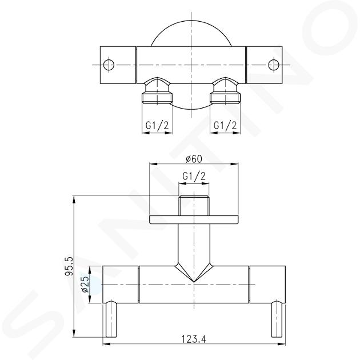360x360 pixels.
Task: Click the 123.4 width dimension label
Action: click(x=194, y=339)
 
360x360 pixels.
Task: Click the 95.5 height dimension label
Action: click(x=69, y=266)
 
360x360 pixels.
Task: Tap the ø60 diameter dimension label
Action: click(x=194, y=159)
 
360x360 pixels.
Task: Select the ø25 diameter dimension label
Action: click(x=85, y=284)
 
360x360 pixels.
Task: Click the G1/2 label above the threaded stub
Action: click(x=194, y=176)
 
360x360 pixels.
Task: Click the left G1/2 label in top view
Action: click(x=157, y=126)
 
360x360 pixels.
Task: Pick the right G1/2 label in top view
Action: click(x=225, y=125)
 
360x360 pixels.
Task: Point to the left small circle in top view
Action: click(x=109, y=65)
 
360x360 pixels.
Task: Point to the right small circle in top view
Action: click(x=274, y=65)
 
